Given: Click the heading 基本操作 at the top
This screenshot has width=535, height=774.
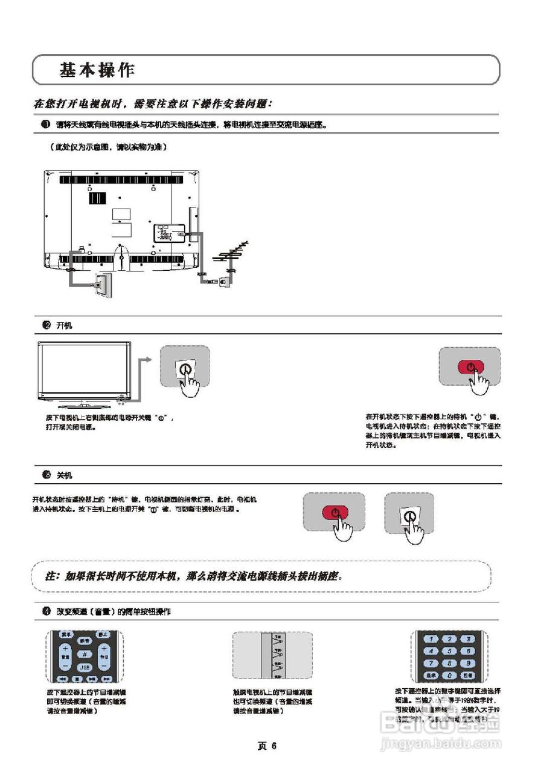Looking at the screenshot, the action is [x=97, y=70].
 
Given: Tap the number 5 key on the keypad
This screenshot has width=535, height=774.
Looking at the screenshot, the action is [x=449, y=651].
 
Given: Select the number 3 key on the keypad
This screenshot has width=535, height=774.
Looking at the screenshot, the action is [x=467, y=639].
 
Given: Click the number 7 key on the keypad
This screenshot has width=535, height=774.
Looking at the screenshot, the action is [x=431, y=663].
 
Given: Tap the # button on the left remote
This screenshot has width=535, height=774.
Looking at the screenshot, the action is [x=85, y=654].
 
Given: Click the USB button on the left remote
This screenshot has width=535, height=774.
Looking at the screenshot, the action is [x=85, y=667].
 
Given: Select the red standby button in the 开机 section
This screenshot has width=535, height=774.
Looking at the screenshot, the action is [x=470, y=366].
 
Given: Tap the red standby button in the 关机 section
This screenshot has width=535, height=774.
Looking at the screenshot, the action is [x=334, y=512].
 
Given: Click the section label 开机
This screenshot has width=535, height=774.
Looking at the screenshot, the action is [x=64, y=325].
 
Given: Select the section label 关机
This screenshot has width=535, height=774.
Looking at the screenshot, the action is [x=64, y=475].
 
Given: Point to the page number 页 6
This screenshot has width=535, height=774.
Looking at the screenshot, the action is [x=267, y=746].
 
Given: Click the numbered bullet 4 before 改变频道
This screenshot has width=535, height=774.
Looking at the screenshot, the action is [x=46, y=611].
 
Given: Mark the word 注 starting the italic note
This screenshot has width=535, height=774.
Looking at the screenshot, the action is [x=52, y=576].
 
